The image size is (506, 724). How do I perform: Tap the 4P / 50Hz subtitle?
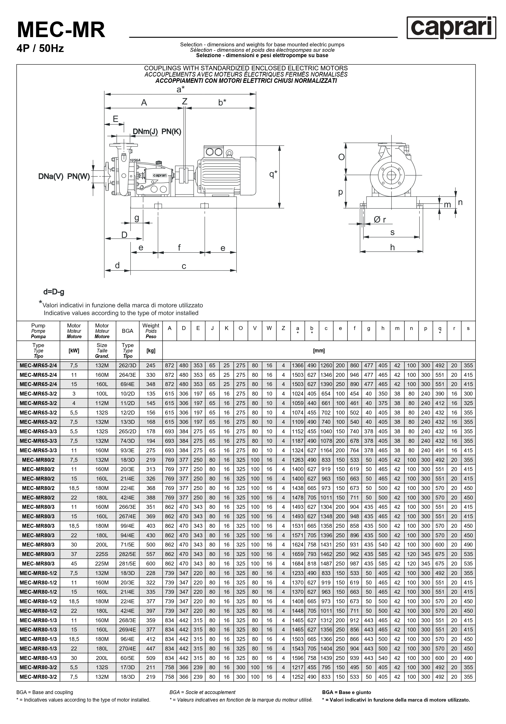(40, 49)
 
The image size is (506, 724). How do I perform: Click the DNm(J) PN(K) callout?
(157, 132)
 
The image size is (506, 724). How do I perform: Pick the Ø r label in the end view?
(380, 220)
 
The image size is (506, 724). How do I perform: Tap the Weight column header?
(151, 331)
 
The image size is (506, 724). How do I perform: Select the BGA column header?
(128, 331)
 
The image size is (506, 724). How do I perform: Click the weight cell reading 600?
(151, 564)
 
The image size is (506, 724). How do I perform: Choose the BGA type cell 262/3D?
(128, 366)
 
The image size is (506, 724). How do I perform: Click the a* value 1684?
(298, 564)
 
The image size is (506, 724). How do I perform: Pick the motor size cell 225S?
(102, 554)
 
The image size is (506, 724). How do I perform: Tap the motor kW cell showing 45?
(74, 564)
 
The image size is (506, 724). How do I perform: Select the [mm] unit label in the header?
(319, 351)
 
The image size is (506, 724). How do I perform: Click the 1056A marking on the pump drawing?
(135, 160)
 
